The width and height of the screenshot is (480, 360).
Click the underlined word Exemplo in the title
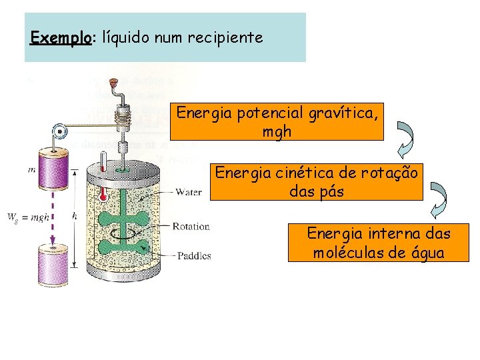(x=60, y=37)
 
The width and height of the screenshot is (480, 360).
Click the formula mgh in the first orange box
(x=277, y=131)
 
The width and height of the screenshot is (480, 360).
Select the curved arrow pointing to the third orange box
(x=439, y=200)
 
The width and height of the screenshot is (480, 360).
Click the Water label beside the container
(x=189, y=193)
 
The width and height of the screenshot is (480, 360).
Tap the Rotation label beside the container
(x=191, y=227)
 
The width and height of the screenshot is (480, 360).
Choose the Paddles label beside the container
(x=193, y=255)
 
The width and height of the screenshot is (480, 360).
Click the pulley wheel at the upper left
(x=59, y=131)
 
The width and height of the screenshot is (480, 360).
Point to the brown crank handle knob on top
(x=114, y=83)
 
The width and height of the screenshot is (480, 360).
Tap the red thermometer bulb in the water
(x=103, y=197)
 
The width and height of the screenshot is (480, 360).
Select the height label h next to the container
(x=74, y=215)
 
